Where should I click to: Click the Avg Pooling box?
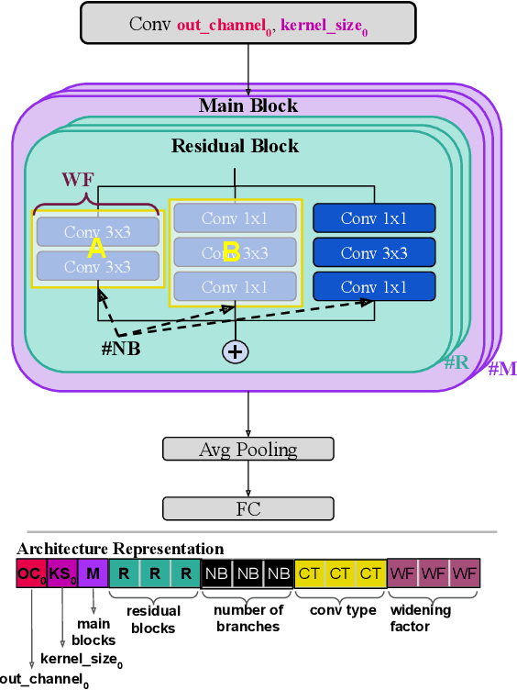pos(248,450)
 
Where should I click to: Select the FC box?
pos(248,508)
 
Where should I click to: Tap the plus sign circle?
pos(236,351)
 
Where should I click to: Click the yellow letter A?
pos(96,248)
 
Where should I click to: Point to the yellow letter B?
pos(231,252)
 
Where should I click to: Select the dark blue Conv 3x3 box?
pos(374,252)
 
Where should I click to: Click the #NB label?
pos(120,348)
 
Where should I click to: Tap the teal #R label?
pos(456,362)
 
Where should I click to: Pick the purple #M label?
pos(502,369)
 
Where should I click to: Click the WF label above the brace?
pos(79,178)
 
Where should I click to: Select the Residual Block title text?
pos(235,146)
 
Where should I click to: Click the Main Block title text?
pos(247,106)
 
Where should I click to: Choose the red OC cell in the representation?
pos(31,574)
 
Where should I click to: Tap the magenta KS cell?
pos(61,574)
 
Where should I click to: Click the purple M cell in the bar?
pos(93,574)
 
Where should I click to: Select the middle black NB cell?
pos(247,574)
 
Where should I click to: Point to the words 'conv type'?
pos(340,610)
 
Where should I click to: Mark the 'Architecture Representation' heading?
pos(119,549)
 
